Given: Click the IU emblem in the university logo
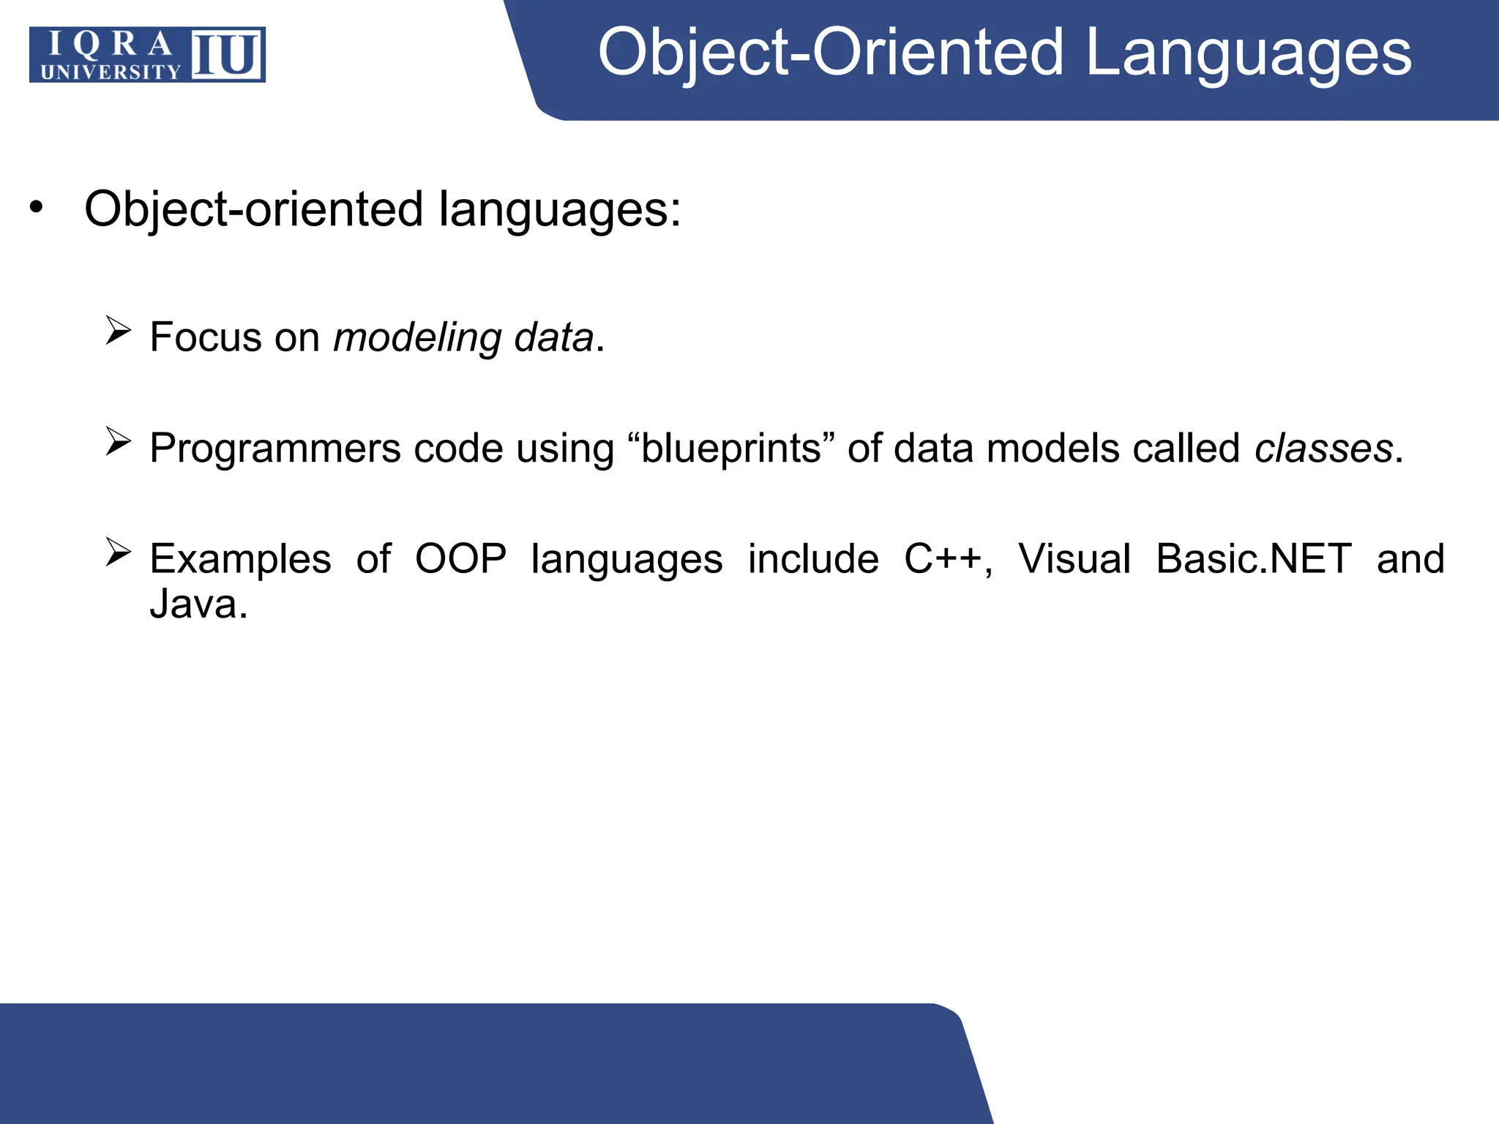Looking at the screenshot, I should click(227, 54).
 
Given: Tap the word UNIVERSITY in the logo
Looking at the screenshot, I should click(111, 72).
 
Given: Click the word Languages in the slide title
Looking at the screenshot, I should click(1248, 53).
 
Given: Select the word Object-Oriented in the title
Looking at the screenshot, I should click(830, 53).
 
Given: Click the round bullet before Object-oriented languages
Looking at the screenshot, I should click(36, 208).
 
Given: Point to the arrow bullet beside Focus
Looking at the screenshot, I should click(118, 331).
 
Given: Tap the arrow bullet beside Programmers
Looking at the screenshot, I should click(118, 442).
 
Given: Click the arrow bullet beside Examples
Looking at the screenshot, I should click(118, 552).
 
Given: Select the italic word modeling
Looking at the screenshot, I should click(417, 338).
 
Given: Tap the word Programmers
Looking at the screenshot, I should click(274, 449).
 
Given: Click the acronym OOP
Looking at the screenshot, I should click(460, 559).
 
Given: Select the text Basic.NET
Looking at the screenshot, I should click(1253, 559).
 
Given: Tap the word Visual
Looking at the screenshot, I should click(1074, 559).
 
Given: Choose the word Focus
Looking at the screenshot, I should click(206, 338).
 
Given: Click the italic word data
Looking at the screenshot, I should click(553, 338).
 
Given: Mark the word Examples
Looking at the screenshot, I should click(240, 559).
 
